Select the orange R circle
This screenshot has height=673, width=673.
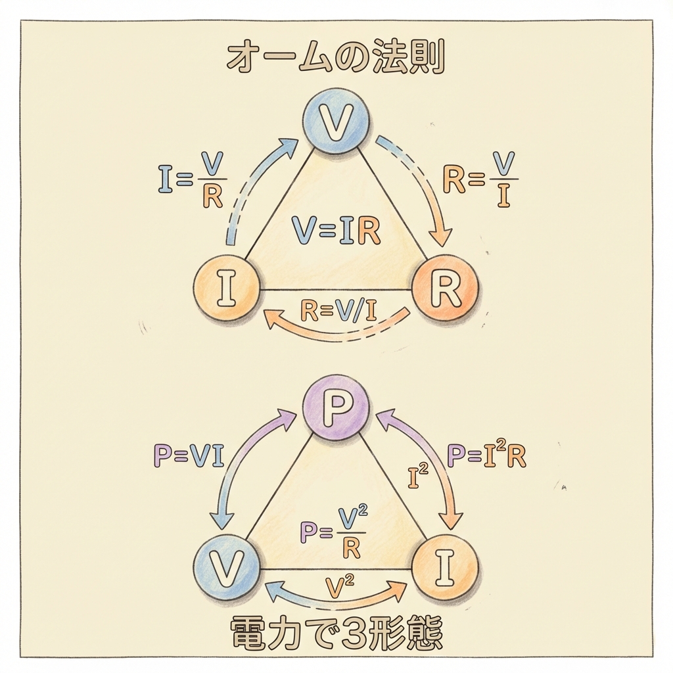(446, 290)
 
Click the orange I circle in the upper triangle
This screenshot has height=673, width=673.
(226, 290)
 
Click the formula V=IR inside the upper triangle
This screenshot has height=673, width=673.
(335, 231)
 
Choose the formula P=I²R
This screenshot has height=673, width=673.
(486, 455)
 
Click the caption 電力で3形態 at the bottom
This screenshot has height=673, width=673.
(336, 634)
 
